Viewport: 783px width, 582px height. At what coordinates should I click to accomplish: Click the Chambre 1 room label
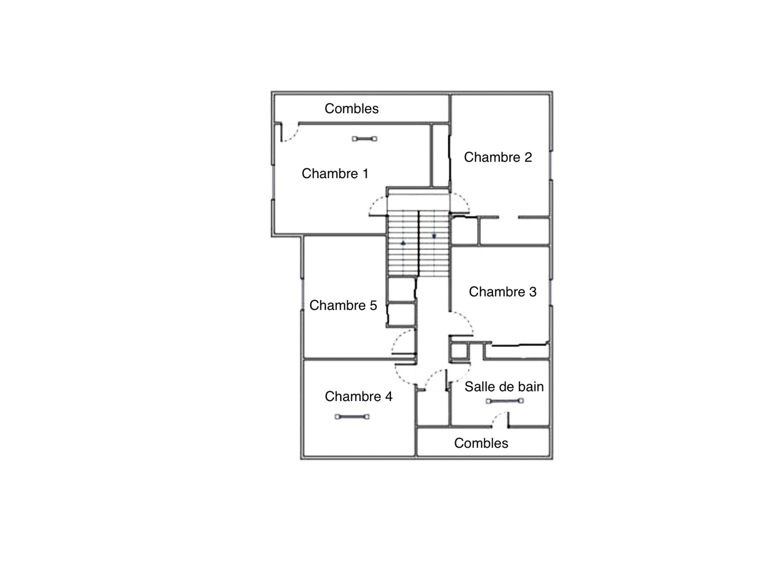click(x=335, y=174)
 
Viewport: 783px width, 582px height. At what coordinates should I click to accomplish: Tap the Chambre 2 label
click(x=498, y=157)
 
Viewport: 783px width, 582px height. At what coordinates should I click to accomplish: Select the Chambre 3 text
click(x=502, y=292)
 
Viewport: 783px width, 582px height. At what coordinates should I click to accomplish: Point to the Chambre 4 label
click(x=358, y=396)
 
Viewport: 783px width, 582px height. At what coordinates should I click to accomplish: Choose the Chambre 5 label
click(x=343, y=305)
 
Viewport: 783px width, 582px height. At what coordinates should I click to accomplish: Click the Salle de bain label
click(x=504, y=387)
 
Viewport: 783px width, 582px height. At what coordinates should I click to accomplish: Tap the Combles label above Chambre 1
click(x=352, y=109)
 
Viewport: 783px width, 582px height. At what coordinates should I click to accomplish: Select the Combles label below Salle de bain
click(x=481, y=443)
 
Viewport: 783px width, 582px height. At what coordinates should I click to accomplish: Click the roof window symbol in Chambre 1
click(x=365, y=139)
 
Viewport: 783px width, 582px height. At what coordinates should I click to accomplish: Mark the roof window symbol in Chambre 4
click(x=352, y=417)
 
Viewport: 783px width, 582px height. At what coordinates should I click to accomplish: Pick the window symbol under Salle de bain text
click(x=505, y=401)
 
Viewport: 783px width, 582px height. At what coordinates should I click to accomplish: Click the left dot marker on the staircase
click(x=403, y=243)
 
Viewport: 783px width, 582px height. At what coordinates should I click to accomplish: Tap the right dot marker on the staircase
click(x=434, y=236)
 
